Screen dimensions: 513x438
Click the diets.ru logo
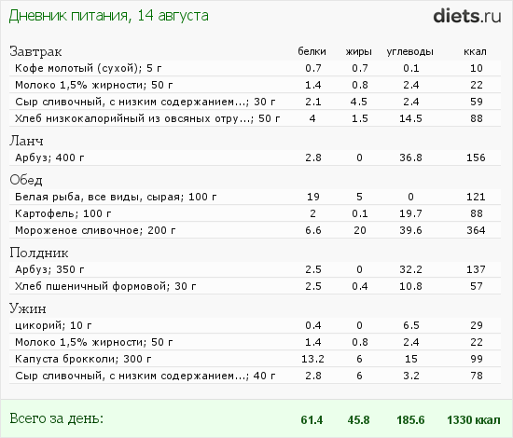tap(467, 16)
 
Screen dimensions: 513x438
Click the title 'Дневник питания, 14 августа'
tap(108, 16)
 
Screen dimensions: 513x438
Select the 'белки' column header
tap(312, 51)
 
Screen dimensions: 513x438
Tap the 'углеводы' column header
tap(410, 52)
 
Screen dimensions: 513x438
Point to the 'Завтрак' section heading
tap(35, 51)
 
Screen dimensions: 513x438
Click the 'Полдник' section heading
tap(39, 253)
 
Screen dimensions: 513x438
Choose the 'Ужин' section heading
tap(28, 308)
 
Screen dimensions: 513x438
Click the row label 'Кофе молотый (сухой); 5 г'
tap(89, 68)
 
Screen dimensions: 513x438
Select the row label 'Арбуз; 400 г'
tap(49, 157)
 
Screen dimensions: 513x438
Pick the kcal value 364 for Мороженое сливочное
tap(476, 230)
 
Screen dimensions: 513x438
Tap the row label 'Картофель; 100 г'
tap(63, 213)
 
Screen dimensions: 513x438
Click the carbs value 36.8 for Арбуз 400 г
tap(410, 157)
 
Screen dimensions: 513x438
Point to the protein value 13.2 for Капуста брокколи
tap(312, 359)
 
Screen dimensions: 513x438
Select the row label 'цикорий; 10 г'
tap(53, 325)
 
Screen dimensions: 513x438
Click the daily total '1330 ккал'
tap(474, 420)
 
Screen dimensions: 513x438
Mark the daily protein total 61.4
tap(312, 420)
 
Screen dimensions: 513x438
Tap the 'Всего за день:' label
tap(56, 418)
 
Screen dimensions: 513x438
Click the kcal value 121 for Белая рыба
tap(476, 197)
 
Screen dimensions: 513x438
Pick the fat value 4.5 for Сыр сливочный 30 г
tap(359, 102)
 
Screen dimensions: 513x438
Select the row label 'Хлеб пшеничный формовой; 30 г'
tap(105, 287)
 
